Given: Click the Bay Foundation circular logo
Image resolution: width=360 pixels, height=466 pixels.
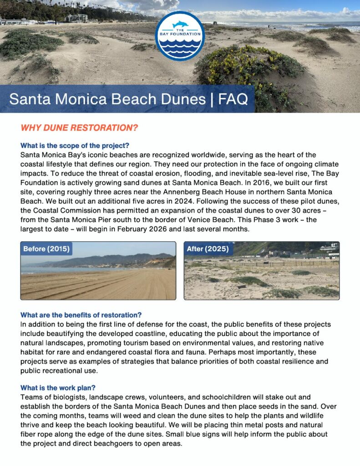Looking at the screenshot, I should click(180, 36).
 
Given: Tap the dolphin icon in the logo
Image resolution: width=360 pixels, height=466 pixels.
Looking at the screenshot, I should click(180, 25).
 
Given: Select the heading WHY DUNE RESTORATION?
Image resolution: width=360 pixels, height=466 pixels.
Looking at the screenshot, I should click(80, 127).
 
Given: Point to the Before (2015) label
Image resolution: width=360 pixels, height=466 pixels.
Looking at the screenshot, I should click(46, 248).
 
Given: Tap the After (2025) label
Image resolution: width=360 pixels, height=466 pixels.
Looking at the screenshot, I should click(208, 248).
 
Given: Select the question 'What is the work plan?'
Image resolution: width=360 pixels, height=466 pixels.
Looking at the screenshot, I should click(58, 388).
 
